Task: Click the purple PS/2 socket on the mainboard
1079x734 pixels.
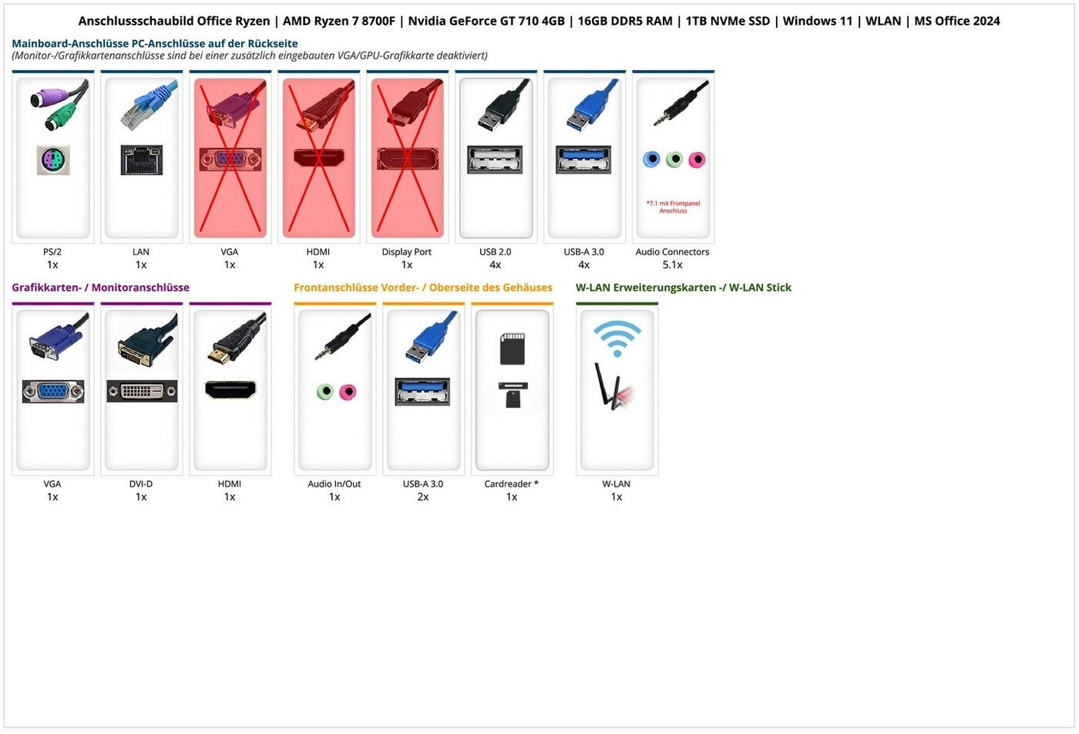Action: click(53, 160)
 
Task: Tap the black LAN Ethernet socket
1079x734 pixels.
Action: click(142, 160)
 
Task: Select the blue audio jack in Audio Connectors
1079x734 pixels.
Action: click(652, 159)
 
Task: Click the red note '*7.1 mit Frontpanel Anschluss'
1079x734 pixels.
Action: click(673, 207)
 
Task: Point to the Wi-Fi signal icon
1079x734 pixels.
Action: click(617, 338)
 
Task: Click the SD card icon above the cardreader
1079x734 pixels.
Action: click(512, 348)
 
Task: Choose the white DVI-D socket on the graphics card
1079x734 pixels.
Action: click(142, 391)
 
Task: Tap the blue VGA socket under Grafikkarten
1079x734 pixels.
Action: click(53, 392)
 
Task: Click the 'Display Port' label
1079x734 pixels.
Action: click(407, 251)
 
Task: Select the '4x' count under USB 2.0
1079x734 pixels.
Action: click(495, 264)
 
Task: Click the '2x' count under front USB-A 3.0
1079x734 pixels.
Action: click(423, 497)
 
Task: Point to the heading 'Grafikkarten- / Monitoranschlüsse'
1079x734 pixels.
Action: click(101, 288)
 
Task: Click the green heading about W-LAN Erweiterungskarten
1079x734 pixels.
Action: click(684, 288)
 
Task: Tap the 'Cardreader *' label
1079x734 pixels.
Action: click(512, 484)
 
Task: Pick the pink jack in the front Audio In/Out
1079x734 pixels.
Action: click(348, 392)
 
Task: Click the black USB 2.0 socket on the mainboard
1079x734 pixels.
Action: click(495, 159)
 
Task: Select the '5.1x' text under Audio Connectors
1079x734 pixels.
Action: click(672, 264)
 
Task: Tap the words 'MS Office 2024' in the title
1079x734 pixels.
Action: click(957, 22)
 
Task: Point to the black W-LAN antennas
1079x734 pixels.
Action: click(606, 386)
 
